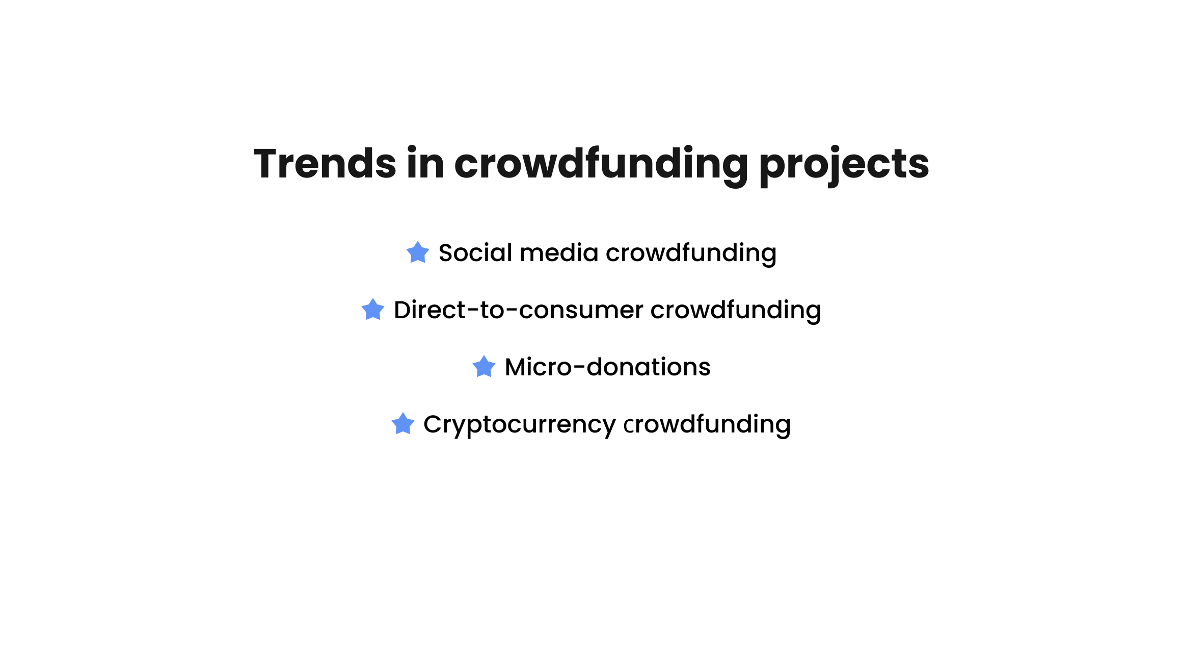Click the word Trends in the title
tap(325, 163)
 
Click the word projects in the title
tap(844, 166)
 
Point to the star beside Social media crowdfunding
tap(418, 252)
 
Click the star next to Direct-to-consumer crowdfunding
tap(373, 310)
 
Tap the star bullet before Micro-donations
tap(484, 367)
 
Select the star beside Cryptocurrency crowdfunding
tap(403, 424)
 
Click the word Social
tap(475, 252)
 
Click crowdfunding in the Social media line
tap(691, 254)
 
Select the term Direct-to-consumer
tap(519, 310)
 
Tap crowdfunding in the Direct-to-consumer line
tap(736, 311)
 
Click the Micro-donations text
tap(607, 367)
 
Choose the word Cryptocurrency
tap(520, 425)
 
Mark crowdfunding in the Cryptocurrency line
tap(707, 425)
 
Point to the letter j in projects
tap(827, 167)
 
